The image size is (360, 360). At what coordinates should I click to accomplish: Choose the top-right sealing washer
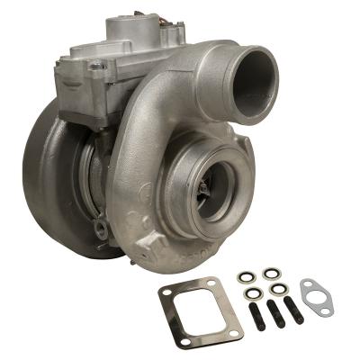point(271,273)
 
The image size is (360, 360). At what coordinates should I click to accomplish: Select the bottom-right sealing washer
point(279,290)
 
